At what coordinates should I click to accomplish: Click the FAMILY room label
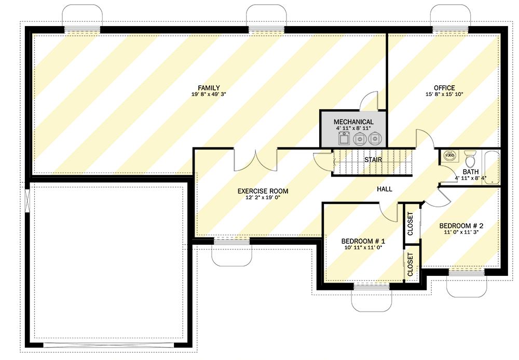click(x=209, y=88)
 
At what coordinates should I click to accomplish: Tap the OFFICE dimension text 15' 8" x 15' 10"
click(x=444, y=95)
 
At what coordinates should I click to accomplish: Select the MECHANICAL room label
click(x=354, y=122)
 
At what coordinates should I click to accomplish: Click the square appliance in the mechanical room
click(x=344, y=139)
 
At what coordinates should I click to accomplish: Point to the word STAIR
click(x=373, y=160)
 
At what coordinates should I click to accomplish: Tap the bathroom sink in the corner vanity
click(x=449, y=155)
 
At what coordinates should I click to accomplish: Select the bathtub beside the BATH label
click(x=491, y=167)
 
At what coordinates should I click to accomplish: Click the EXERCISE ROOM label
click(x=263, y=191)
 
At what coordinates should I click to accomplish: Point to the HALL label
click(x=384, y=190)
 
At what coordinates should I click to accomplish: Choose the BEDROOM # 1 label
click(x=363, y=242)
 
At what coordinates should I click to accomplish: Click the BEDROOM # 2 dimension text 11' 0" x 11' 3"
click(x=461, y=233)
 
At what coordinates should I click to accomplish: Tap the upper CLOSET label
click(x=411, y=224)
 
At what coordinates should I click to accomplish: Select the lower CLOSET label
click(x=411, y=264)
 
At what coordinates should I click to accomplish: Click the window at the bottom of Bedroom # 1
click(x=371, y=286)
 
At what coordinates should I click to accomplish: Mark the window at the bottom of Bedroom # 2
click(x=467, y=272)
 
